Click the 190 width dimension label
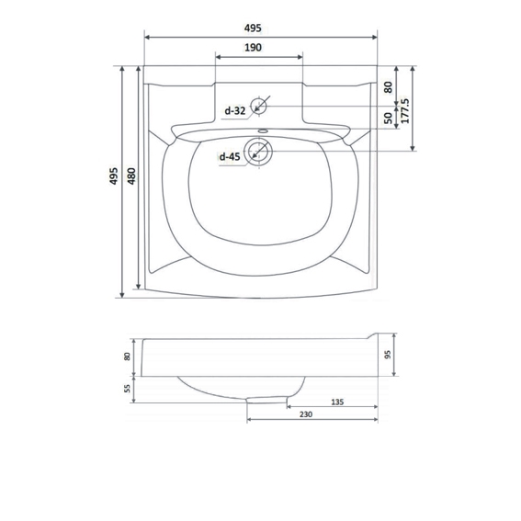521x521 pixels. click(x=253, y=48)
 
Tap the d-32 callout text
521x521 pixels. click(x=234, y=110)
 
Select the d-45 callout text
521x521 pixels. click(x=230, y=156)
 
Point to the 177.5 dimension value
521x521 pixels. click(x=405, y=111)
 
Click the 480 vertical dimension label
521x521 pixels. click(x=131, y=176)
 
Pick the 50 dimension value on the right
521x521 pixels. click(x=388, y=118)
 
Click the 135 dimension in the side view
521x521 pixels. click(x=337, y=402)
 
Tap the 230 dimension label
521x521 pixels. click(x=306, y=414)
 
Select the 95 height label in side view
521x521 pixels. click(x=388, y=355)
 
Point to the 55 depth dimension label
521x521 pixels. click(x=127, y=389)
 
